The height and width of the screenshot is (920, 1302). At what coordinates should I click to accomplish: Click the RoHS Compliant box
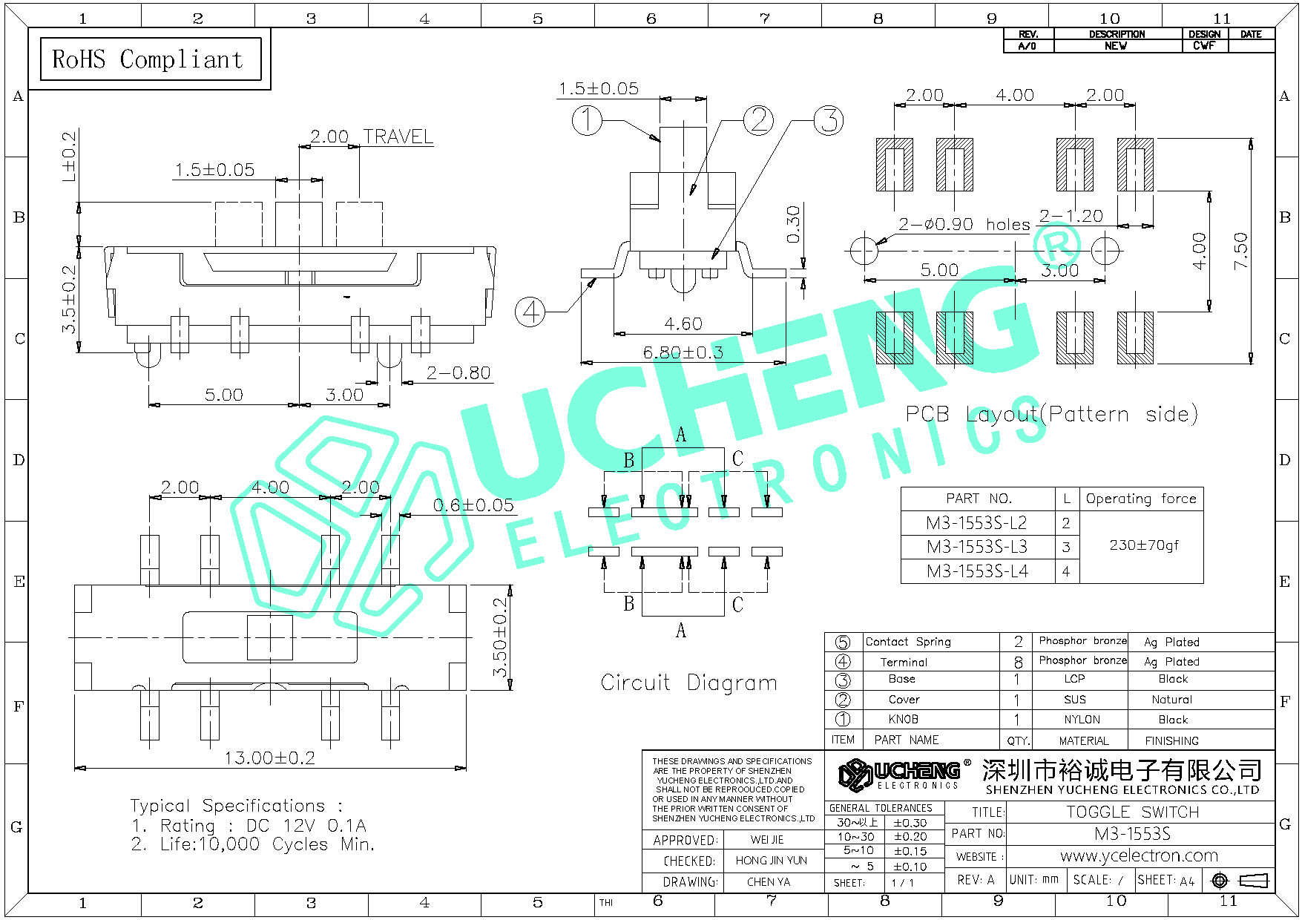pyautogui.click(x=151, y=59)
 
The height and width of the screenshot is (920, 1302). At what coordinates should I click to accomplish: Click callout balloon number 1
pyautogui.click(x=587, y=120)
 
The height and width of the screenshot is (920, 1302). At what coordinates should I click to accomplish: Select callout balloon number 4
pyautogui.click(x=530, y=312)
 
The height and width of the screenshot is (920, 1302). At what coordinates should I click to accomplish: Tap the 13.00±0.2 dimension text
pyautogui.click(x=270, y=758)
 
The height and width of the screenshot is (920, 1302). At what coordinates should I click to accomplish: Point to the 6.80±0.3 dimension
pyautogui.click(x=683, y=352)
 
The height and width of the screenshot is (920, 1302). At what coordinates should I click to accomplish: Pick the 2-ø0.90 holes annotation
pyautogui.click(x=964, y=224)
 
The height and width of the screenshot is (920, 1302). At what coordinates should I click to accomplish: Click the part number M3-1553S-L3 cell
pyautogui.click(x=977, y=547)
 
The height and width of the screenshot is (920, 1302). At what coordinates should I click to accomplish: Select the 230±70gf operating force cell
pyautogui.click(x=1143, y=545)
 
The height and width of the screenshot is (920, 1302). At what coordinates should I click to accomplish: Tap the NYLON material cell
pyautogui.click(x=1082, y=720)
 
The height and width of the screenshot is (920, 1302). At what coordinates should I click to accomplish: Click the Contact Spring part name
pyautogui.click(x=907, y=642)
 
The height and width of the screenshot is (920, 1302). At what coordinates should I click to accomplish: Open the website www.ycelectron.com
pyautogui.click(x=1139, y=855)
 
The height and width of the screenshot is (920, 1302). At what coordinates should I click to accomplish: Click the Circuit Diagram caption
pyautogui.click(x=688, y=683)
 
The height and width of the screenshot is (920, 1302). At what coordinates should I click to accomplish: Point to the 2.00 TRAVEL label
pyautogui.click(x=371, y=137)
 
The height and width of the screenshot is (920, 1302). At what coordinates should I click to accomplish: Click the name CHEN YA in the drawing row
pyautogui.click(x=769, y=882)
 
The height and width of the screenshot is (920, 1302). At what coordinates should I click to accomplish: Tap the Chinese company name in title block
pyautogui.click(x=1122, y=771)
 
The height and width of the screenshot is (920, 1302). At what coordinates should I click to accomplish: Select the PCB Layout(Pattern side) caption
pyautogui.click(x=1051, y=414)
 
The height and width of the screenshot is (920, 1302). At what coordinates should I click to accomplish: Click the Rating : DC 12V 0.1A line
pyautogui.click(x=249, y=826)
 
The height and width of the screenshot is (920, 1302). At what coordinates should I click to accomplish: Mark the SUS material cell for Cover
pyautogui.click(x=1074, y=700)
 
